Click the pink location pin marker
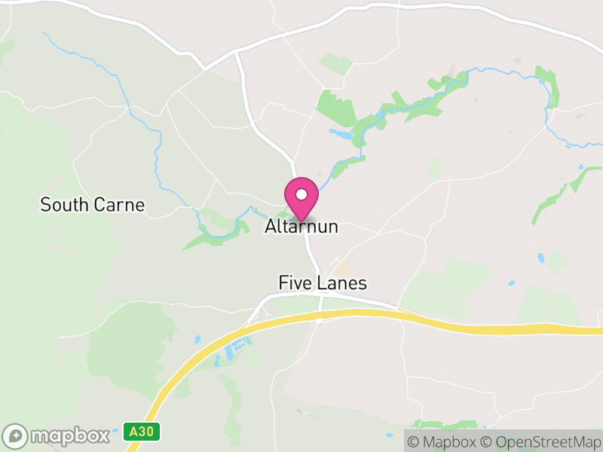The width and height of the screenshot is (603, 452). (301, 198)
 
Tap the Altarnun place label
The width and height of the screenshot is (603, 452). (301, 227)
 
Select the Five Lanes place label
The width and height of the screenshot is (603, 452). (323, 283)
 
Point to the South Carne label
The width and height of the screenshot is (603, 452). (92, 205)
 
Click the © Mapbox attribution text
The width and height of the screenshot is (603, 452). (442, 441)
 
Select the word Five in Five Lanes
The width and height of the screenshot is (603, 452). (294, 283)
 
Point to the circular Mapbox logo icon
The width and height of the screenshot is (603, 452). (16, 436)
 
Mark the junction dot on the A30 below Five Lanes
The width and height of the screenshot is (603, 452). (320, 320)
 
